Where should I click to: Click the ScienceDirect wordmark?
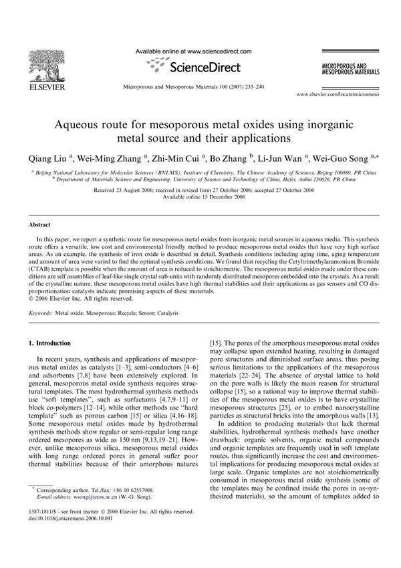(197, 66)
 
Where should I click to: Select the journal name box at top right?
(347, 69)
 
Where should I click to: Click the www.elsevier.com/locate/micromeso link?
(338, 96)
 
